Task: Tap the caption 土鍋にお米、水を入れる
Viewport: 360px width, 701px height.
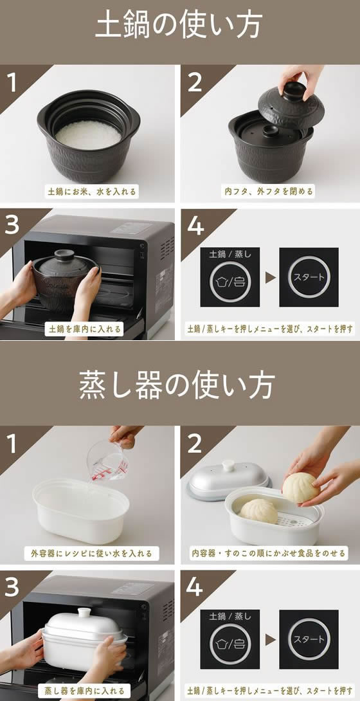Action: point(91,192)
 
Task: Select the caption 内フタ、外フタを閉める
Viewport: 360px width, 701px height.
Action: point(268,192)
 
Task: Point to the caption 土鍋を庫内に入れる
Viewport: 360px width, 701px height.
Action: point(84,329)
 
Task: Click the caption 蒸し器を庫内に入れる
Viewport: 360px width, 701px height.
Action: point(84,689)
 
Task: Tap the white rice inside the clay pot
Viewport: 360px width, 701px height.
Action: point(89,134)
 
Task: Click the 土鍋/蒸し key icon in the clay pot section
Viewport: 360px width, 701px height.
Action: point(230,282)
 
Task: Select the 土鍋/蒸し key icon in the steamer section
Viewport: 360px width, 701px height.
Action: point(230,643)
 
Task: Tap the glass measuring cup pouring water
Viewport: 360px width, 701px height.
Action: point(108,461)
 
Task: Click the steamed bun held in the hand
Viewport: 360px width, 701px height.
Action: point(301,487)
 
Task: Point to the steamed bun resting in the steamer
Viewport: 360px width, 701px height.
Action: point(259,511)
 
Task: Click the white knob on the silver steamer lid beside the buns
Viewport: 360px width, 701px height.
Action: point(229,466)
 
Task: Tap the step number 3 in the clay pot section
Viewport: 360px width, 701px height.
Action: point(12,226)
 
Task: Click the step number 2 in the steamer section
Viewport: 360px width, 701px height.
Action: point(195,444)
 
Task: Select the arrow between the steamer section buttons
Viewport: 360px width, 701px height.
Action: point(270,640)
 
